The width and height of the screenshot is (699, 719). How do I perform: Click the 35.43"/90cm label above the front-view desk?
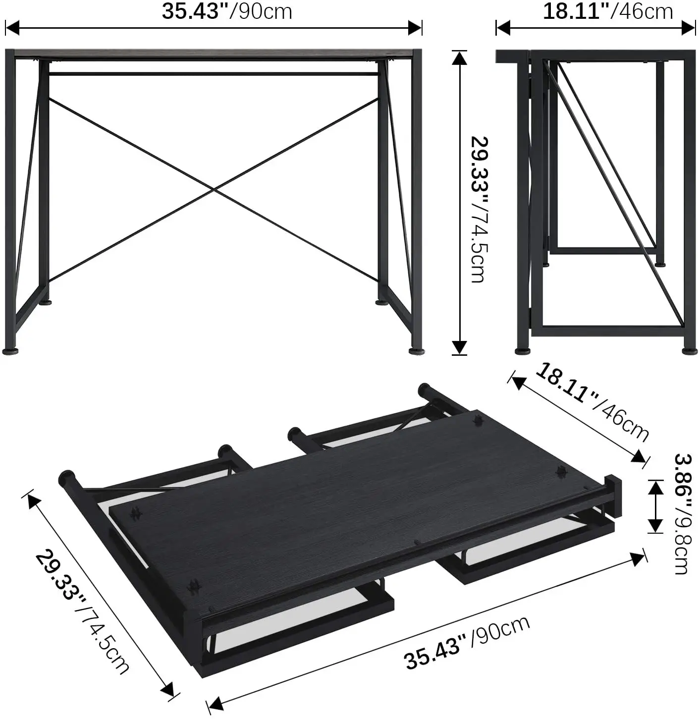click(227, 11)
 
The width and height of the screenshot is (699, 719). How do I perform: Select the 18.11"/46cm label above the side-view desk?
click(608, 11)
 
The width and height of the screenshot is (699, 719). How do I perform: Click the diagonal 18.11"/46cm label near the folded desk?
click(592, 402)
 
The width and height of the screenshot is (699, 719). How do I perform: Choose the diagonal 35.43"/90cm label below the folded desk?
click(467, 642)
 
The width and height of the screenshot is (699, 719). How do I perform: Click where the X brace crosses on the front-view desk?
click(214, 189)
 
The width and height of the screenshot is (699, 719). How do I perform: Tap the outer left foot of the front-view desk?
click(10, 351)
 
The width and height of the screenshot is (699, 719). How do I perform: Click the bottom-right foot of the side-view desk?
click(689, 351)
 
